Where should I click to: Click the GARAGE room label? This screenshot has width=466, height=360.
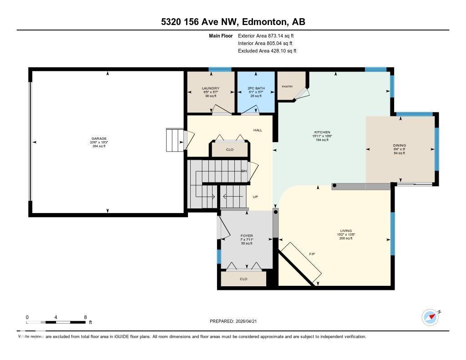[x=99, y=138]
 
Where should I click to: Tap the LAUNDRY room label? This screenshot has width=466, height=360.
[x=211, y=88]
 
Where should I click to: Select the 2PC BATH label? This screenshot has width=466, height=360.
[x=256, y=88]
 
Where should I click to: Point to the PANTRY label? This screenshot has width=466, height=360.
[x=287, y=86]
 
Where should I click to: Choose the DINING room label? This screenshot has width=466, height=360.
[x=399, y=146]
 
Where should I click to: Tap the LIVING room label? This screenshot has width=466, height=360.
[x=345, y=231]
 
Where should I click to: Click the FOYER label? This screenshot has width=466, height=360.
[x=247, y=236]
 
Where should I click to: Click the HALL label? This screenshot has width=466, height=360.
[x=258, y=130]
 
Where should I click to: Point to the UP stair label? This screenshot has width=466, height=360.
[x=255, y=197]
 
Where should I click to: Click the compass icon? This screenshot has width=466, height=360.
[x=430, y=317]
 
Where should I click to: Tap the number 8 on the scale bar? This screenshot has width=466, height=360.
[x=85, y=317]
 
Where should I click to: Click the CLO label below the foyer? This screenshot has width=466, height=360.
[x=243, y=279]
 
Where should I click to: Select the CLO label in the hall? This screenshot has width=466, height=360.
[x=230, y=149]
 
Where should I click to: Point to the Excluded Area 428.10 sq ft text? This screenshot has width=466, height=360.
[x=267, y=51]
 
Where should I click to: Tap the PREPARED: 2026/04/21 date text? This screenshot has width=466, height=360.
[x=236, y=321]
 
